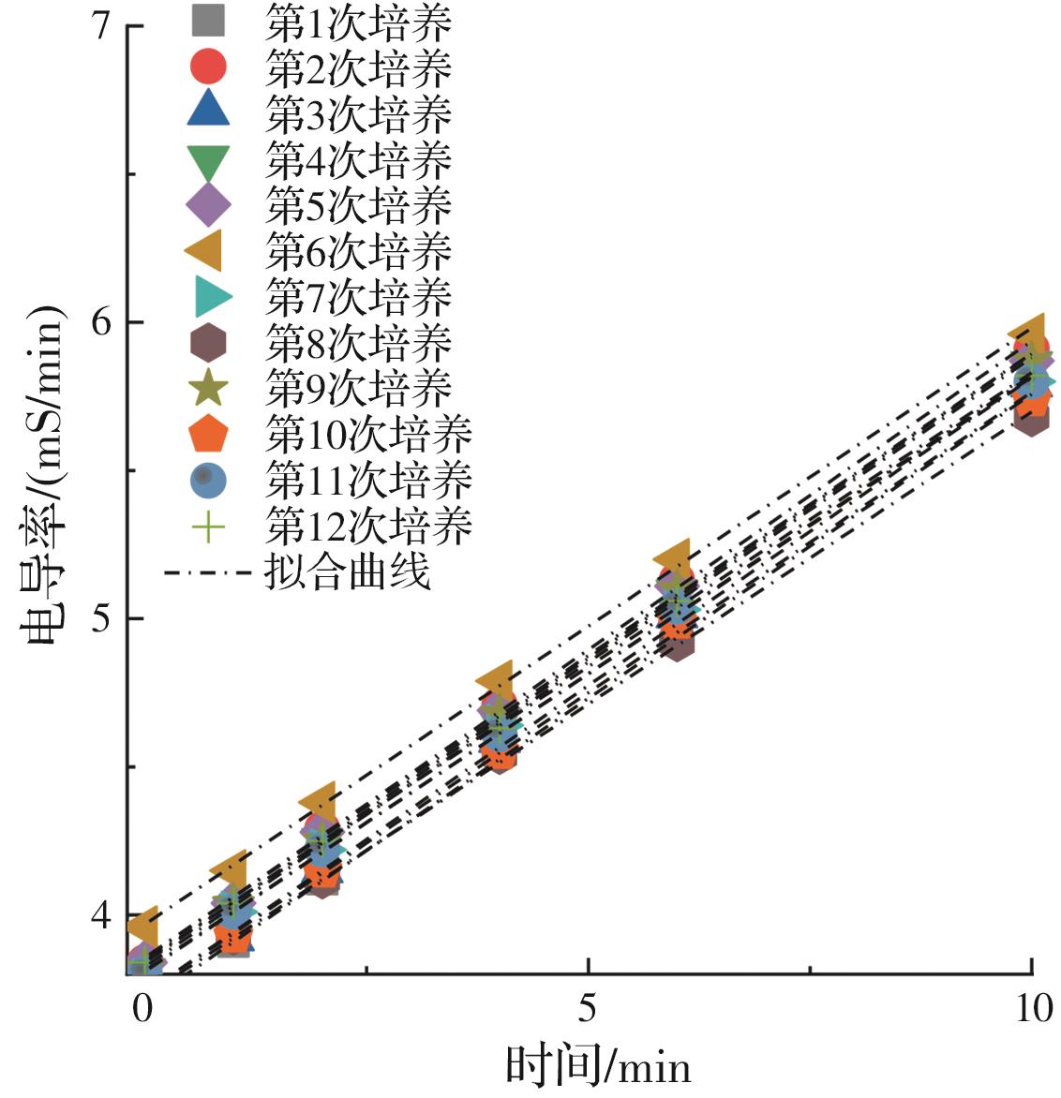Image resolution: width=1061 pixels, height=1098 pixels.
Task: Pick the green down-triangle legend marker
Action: [x=208, y=161]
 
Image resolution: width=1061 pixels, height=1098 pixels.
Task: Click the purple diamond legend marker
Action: [x=208, y=205]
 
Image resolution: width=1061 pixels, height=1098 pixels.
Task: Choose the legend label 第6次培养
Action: [x=358, y=251]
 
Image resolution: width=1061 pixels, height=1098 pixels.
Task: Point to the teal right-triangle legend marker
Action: [x=212, y=297]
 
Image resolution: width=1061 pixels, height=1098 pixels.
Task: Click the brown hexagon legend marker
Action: [x=208, y=343]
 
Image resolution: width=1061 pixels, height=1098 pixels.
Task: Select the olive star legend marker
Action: [x=208, y=388]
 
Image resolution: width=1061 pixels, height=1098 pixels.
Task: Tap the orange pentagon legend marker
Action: [x=208, y=435]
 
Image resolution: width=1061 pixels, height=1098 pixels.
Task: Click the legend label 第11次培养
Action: [x=368, y=480]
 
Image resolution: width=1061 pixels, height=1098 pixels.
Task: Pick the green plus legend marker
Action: [x=208, y=527]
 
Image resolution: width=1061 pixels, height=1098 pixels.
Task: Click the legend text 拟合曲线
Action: [x=348, y=571]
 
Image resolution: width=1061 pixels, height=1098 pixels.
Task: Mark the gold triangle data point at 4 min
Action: [x=496, y=678]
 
